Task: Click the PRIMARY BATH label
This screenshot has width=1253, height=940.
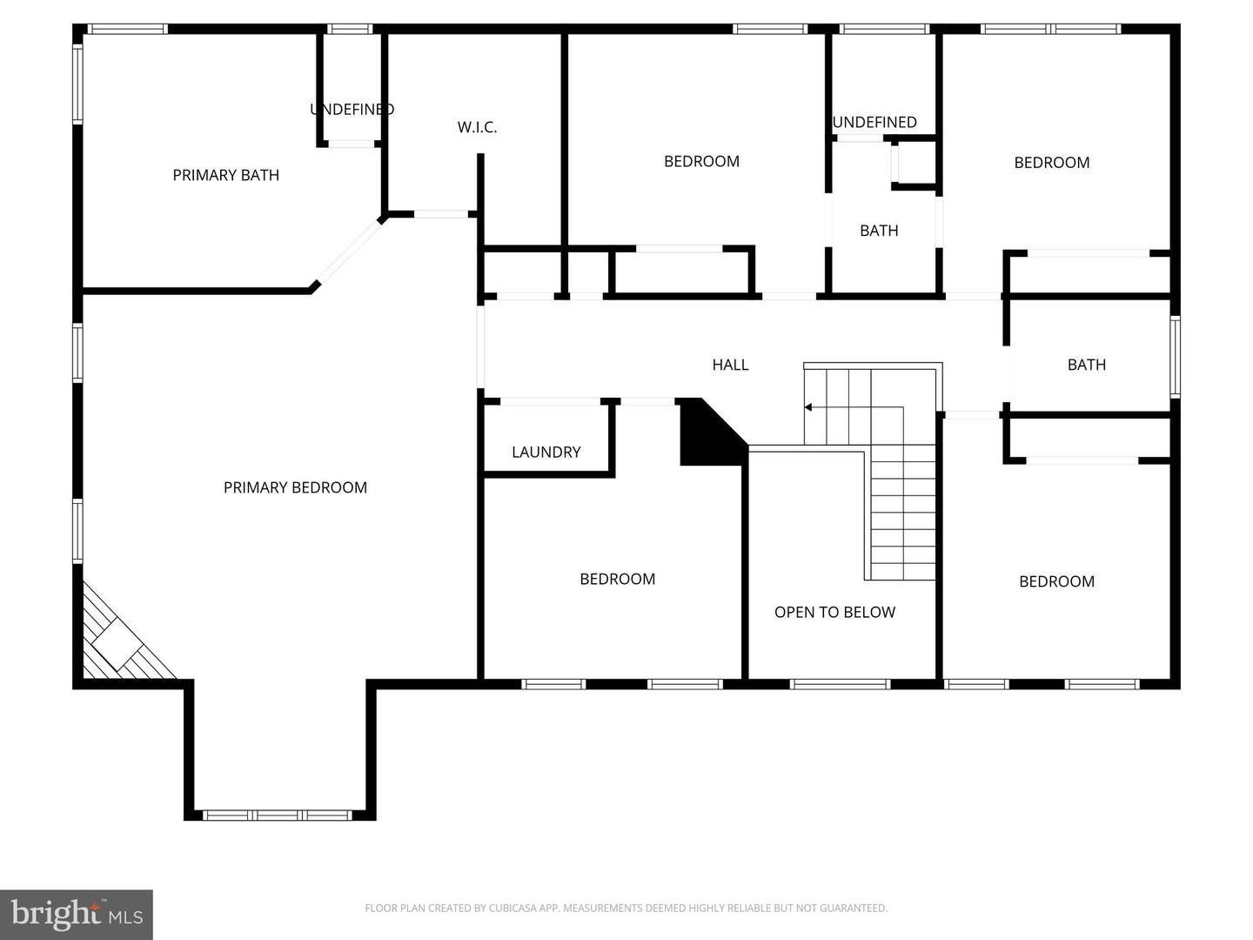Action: [225, 175]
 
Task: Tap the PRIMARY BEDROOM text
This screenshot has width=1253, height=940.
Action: [295, 487]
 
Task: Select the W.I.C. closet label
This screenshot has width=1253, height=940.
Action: [477, 127]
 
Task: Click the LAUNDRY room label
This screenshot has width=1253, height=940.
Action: [546, 452]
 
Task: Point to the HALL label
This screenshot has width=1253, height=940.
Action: [730, 365]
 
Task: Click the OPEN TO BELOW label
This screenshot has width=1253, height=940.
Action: [834, 612]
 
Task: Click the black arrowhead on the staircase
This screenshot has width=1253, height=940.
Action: [808, 406]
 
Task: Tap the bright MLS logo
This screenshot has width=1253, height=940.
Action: [77, 915]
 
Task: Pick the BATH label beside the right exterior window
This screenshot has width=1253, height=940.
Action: [1086, 365]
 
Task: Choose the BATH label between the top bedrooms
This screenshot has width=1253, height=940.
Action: [879, 231]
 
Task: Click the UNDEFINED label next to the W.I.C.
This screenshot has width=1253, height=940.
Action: [352, 109]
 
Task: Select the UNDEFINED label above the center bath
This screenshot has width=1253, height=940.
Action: [874, 122]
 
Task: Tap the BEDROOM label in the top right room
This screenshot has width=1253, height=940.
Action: [1051, 162]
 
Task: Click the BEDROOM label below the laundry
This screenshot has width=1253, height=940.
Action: [617, 579]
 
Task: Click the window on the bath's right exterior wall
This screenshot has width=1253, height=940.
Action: [1175, 357]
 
